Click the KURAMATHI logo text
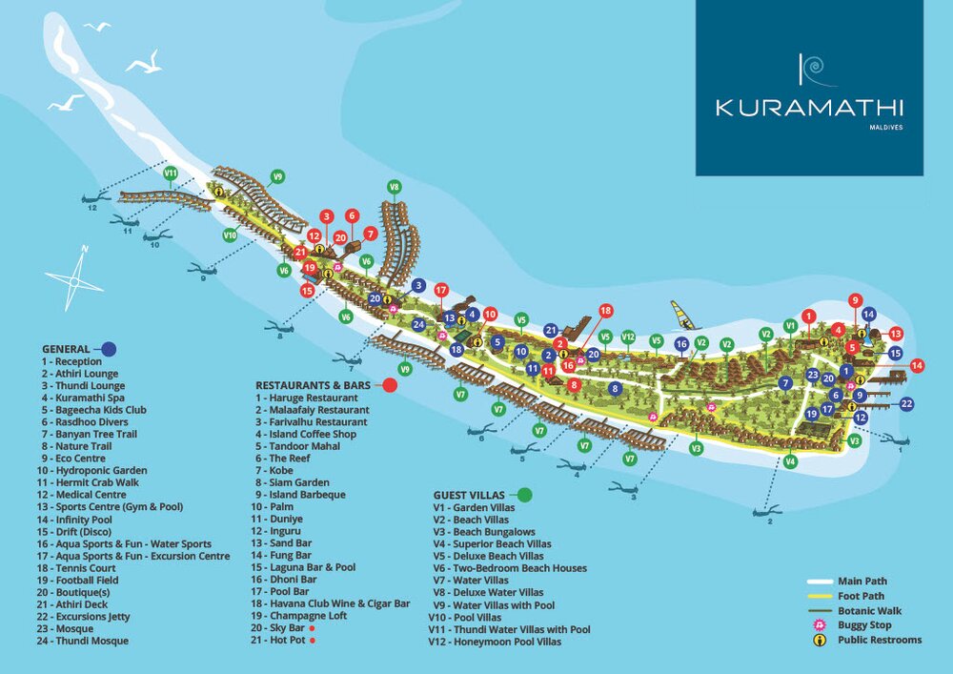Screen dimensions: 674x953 pos(809,108)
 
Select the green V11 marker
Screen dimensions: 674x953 pos(171,174)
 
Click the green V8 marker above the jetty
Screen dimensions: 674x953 pos(395,187)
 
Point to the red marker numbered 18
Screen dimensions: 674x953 pos(604,311)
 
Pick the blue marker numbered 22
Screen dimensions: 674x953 pos(905,404)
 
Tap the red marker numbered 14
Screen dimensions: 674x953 pos(917,365)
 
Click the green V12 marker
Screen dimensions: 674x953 pos(628,337)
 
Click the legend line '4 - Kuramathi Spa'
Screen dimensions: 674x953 pos(83,398)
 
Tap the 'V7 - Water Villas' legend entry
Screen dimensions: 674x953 pos(471,580)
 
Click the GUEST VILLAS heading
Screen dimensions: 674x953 pos(470,495)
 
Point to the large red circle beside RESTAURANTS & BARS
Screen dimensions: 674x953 pos(389,385)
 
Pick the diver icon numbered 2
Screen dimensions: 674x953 pos(766,513)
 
